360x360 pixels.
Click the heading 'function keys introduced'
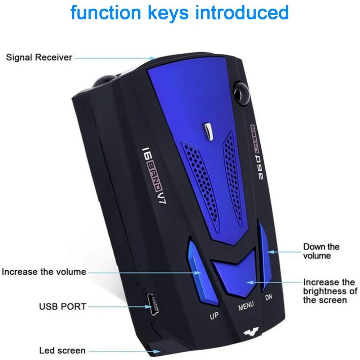(180, 13)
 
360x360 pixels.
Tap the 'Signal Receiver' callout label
(39, 58)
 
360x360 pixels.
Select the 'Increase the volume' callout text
(44, 271)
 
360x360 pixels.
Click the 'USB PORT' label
(63, 307)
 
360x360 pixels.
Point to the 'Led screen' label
(62, 350)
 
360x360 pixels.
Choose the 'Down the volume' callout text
(321, 251)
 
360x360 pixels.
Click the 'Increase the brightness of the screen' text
(330, 291)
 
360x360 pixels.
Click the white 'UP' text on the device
(214, 316)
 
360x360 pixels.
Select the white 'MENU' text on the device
(246, 307)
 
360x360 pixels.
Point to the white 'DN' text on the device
(269, 297)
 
